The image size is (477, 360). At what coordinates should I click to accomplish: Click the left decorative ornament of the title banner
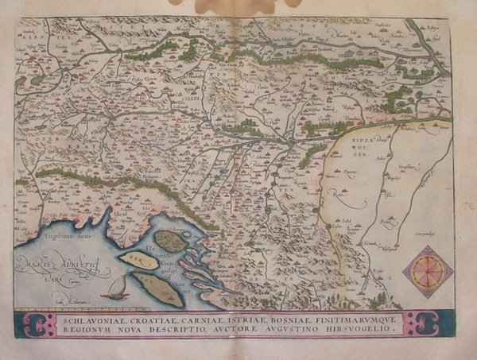point(36,323)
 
